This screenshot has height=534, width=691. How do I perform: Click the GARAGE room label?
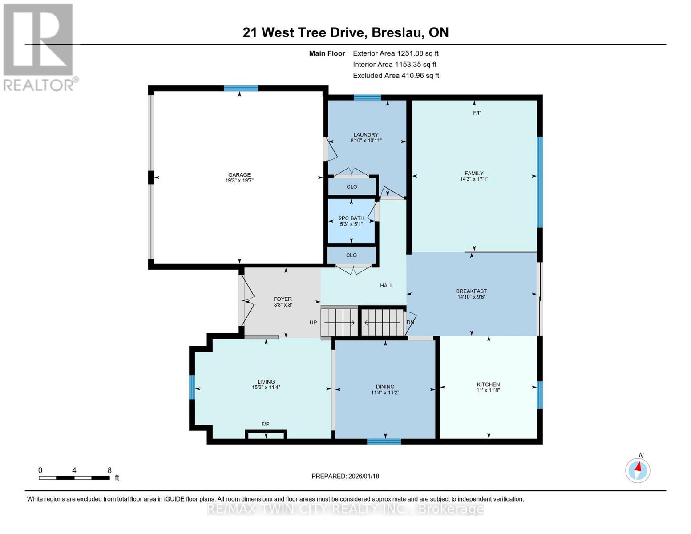click(239, 175)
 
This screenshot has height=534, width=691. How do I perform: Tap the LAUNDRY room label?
click(366, 135)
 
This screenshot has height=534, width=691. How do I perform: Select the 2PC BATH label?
click(351, 218)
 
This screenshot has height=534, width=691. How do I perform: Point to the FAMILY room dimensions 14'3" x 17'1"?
click(474, 179)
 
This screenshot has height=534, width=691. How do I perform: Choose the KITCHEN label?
click(488, 384)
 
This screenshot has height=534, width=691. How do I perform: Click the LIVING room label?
click(266, 382)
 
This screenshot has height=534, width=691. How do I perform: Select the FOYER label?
click(283, 299)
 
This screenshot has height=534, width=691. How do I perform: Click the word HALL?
click(386, 286)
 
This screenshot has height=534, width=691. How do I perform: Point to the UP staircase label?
click(313, 323)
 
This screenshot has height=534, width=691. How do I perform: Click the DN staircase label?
click(410, 323)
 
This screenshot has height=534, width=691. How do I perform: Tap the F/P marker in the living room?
click(265, 424)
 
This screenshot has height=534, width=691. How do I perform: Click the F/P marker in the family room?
click(477, 113)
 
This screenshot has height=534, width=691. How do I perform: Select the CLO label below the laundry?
click(352, 187)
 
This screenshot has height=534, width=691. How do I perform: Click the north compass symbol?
click(638, 470)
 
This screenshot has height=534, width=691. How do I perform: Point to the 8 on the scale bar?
click(109, 470)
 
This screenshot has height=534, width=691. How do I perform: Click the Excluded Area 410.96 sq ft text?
click(396, 76)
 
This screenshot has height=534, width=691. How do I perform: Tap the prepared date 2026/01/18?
click(345, 476)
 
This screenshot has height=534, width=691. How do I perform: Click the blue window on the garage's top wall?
click(241, 88)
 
